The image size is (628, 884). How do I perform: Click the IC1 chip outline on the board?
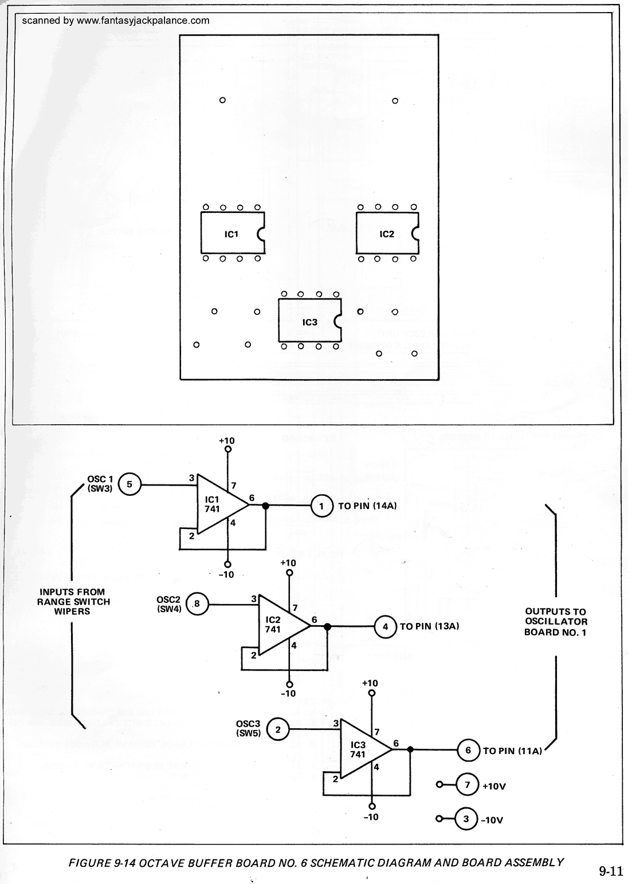[x=232, y=233]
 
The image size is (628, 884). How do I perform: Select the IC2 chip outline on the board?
[x=386, y=233]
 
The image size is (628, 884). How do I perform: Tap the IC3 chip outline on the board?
[x=309, y=321]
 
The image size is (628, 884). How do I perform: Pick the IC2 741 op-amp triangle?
[x=281, y=625]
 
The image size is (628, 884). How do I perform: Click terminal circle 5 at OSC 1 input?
[x=129, y=485]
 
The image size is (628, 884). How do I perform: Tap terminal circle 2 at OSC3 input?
[x=278, y=729]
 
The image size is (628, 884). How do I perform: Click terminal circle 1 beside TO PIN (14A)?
[x=322, y=506]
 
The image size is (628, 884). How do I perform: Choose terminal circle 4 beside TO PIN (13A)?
[x=386, y=626]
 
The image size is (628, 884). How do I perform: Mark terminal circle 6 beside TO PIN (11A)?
[x=468, y=750]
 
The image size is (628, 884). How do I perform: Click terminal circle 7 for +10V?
[x=468, y=785]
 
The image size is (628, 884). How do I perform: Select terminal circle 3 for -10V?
[x=466, y=819]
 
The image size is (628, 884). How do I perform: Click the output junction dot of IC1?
[x=265, y=506]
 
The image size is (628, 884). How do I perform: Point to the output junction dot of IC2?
[x=327, y=626]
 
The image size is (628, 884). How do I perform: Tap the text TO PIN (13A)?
[x=429, y=626]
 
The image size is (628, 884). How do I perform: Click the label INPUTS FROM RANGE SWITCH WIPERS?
[x=73, y=601]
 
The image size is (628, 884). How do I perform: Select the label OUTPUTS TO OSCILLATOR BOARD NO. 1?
[x=555, y=622]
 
